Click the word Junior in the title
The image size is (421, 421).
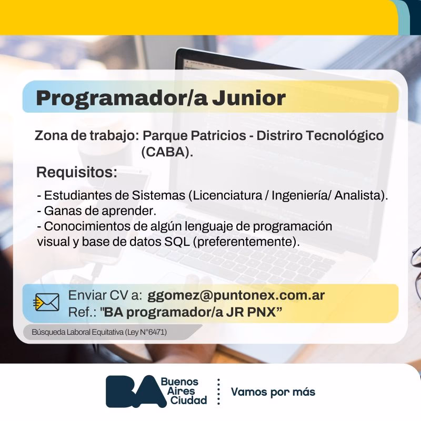coord(248,98)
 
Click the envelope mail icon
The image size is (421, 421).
coord(47,303)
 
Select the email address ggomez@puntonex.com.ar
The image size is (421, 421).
coord(236,295)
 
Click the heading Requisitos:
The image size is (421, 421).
coord(76,172)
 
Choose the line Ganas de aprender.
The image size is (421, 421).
coord(97,211)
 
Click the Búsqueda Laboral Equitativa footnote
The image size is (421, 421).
coord(99,333)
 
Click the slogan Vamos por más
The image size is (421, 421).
coord(273,392)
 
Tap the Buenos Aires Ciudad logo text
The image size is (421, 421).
coord(181,392)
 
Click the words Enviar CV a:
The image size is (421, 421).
coord(105,295)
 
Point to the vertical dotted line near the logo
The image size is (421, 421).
coord(218,392)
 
